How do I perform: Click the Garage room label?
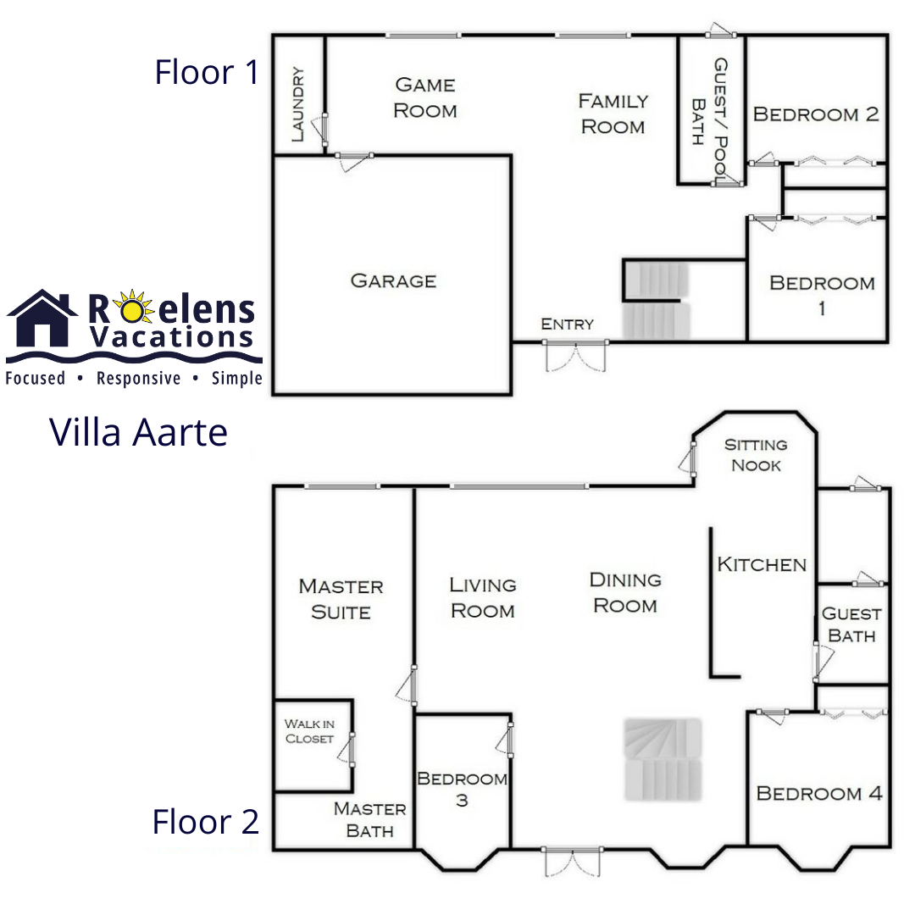[393, 280]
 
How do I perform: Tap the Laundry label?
[297, 104]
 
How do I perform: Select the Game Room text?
[424, 97]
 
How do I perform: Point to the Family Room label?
[613, 114]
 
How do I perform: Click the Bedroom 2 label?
[816, 114]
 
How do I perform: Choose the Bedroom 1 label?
[822, 295]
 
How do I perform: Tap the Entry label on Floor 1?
[567, 324]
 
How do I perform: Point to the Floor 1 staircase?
[656, 300]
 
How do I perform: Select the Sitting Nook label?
[756, 455]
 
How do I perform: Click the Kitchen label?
[762, 564]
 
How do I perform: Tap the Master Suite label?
[341, 599]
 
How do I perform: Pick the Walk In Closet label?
[309, 731]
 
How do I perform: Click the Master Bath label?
[370, 819]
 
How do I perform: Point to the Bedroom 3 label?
[463, 789]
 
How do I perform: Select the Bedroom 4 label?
[819, 793]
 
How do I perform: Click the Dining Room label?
[625, 592]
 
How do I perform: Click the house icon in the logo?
[42, 318]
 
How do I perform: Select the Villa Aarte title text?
[138, 432]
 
